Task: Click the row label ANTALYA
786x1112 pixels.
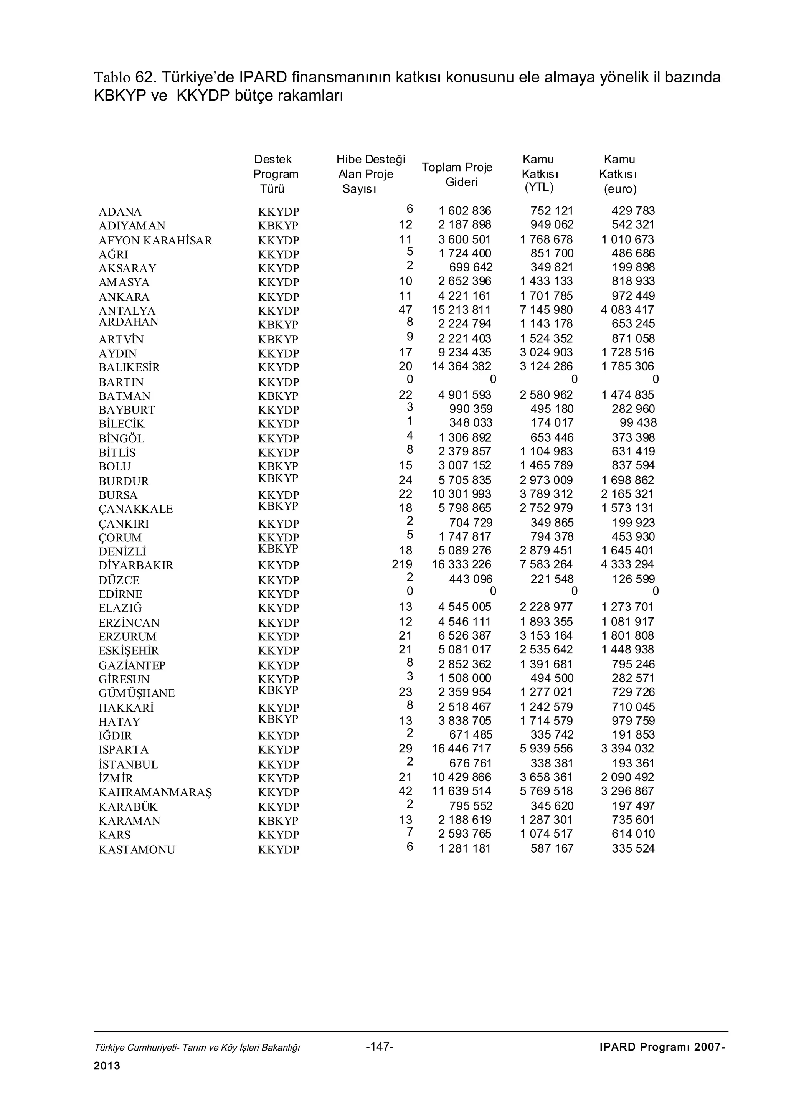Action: (x=127, y=310)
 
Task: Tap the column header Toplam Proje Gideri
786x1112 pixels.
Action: (x=457, y=174)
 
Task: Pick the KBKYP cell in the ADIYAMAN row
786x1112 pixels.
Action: (x=278, y=226)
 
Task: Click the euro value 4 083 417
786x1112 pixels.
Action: (x=627, y=310)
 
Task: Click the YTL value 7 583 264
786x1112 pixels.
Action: (x=546, y=564)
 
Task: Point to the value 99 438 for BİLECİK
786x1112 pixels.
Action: (x=638, y=422)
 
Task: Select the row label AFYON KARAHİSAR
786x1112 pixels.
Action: (x=155, y=240)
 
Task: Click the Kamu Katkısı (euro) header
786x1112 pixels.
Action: (x=619, y=174)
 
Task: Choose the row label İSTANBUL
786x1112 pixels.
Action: (x=128, y=764)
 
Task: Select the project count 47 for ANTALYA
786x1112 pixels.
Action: (x=405, y=310)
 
